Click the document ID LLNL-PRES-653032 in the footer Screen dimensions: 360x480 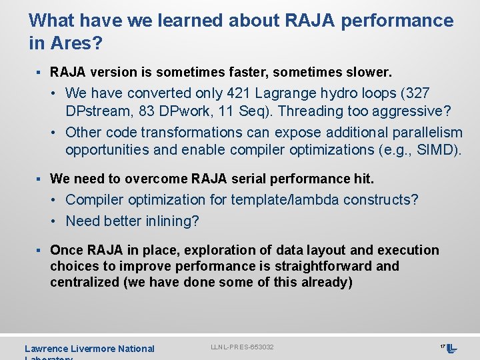pos(242,347)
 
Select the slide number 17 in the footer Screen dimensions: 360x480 pos(442,347)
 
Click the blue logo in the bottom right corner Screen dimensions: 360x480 pos(451,348)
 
